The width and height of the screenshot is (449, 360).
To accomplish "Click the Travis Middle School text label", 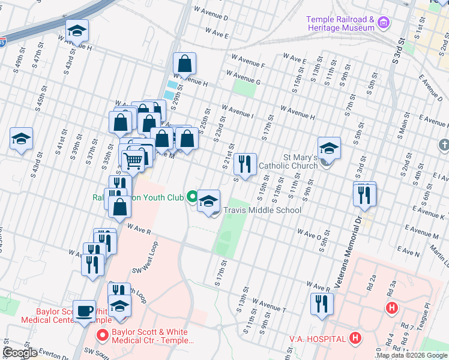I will [x=262, y=211].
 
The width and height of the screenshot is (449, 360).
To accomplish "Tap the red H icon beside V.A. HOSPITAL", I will [x=355, y=338].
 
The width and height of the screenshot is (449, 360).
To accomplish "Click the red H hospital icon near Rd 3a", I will [x=391, y=308].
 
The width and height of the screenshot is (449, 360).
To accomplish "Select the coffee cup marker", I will [x=85, y=311].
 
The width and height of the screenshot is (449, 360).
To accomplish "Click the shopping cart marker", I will [x=133, y=160].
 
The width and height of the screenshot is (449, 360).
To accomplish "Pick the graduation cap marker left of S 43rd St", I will [x=21, y=139].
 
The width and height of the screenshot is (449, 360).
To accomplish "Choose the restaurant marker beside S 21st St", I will [x=244, y=163].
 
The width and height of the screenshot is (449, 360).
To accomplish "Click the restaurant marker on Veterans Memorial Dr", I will [x=365, y=194].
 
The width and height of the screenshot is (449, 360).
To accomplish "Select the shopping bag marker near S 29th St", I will [x=185, y=64].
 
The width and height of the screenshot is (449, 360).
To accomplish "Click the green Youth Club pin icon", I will [x=192, y=197].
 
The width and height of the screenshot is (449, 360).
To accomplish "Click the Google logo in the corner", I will [x=20, y=353].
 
